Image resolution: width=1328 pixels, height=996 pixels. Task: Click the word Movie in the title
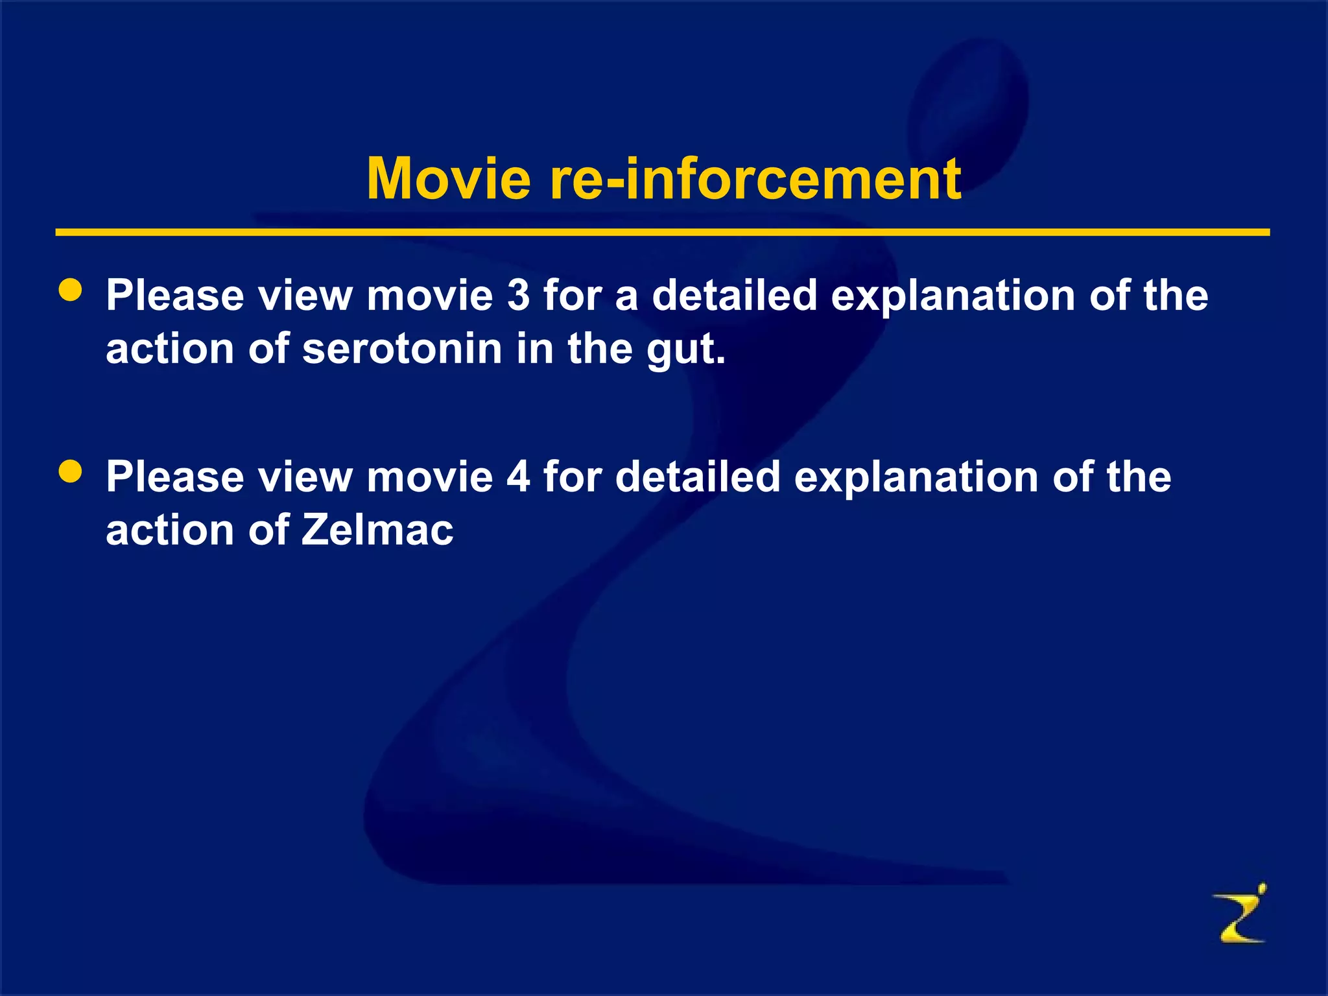[449, 179]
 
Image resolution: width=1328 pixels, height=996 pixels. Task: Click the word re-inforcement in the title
[755, 179]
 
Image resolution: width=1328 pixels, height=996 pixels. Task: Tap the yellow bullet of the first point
[70, 290]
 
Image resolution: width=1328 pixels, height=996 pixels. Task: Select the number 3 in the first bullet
[518, 295]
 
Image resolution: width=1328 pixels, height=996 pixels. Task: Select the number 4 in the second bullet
[518, 477]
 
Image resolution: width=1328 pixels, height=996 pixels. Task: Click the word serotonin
[402, 348]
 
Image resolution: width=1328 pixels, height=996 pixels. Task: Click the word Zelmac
[377, 530]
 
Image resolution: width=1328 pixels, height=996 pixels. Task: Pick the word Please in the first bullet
[175, 295]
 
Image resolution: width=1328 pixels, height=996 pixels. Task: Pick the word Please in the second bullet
[175, 477]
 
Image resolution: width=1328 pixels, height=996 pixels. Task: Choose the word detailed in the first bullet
[734, 295]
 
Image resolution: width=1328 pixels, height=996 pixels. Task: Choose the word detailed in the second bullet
[698, 477]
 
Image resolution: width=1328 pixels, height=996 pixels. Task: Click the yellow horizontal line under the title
[661, 232]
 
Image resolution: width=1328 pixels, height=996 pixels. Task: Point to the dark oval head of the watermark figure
[969, 104]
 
